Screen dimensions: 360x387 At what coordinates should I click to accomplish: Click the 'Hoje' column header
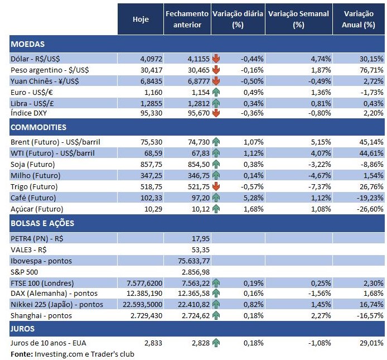coord(141,20)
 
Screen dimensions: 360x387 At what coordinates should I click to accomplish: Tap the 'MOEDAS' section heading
coord(27,44)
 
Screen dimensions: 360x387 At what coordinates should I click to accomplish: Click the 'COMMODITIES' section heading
coord(38,128)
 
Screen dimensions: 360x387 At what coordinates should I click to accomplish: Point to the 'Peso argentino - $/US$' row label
coord(50,70)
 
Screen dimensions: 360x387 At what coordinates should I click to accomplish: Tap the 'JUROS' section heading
coord(23,329)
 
